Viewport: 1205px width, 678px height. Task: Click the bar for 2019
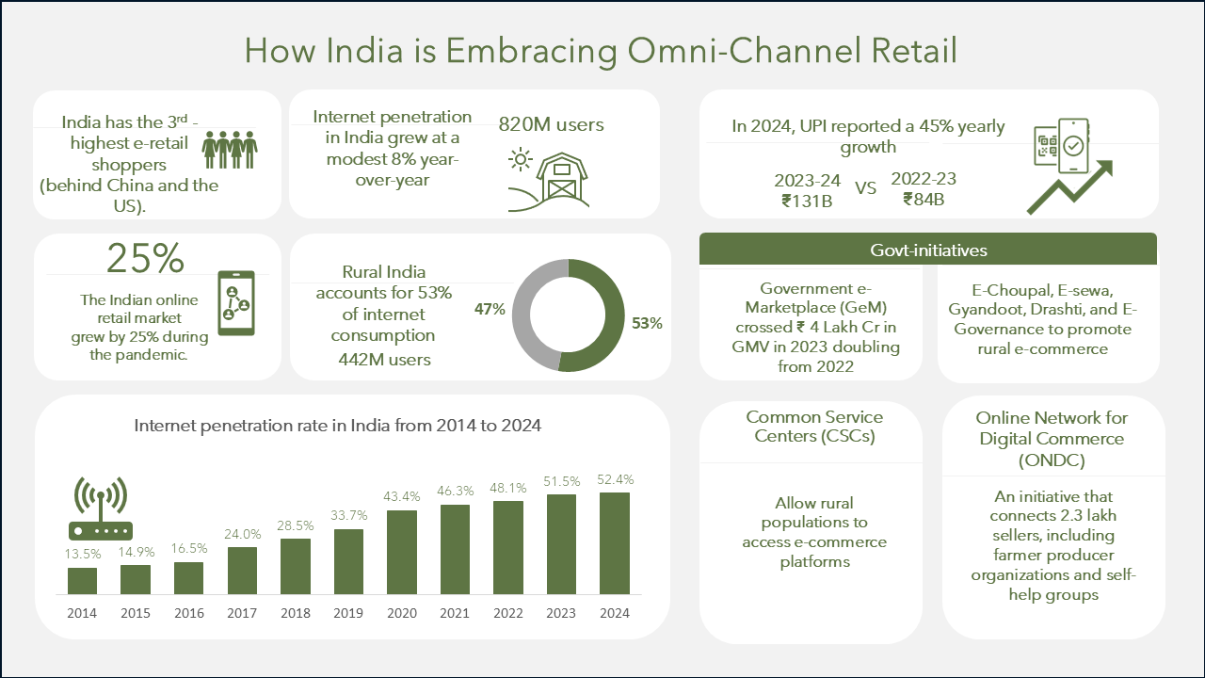348,562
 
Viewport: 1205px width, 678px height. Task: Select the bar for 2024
615,543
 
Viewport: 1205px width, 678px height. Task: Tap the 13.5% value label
83,554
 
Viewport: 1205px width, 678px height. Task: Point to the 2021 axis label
455,613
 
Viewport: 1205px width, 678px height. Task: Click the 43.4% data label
402,496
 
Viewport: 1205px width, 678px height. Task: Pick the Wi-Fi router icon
101,508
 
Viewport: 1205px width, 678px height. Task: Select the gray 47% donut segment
522,315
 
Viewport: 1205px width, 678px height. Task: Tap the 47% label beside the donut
490,309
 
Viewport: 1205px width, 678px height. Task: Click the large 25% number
145,258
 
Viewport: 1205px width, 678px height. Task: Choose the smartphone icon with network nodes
236,303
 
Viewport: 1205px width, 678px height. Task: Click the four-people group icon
230,150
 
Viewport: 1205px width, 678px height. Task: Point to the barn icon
549,180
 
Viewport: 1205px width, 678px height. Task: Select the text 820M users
551,125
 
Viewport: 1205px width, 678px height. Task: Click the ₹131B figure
807,202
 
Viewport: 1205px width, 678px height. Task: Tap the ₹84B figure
924,200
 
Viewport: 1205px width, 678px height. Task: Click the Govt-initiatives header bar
928,250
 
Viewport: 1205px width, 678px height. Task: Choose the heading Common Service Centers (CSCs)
814,427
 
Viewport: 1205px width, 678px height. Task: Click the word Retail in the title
914,51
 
